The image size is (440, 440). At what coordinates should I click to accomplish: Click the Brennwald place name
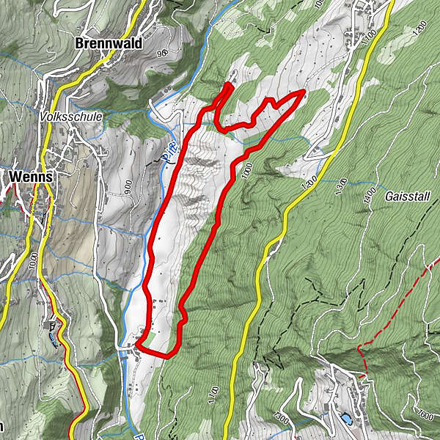click(109, 43)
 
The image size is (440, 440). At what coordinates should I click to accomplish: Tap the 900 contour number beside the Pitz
click(128, 189)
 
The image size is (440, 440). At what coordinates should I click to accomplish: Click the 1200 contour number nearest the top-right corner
click(419, 28)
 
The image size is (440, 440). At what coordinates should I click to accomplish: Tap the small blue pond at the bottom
click(345, 419)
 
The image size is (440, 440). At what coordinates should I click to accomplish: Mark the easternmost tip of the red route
click(304, 92)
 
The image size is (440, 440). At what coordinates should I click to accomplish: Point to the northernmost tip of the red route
click(230, 85)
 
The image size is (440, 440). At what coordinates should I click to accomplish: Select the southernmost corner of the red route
click(166, 357)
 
